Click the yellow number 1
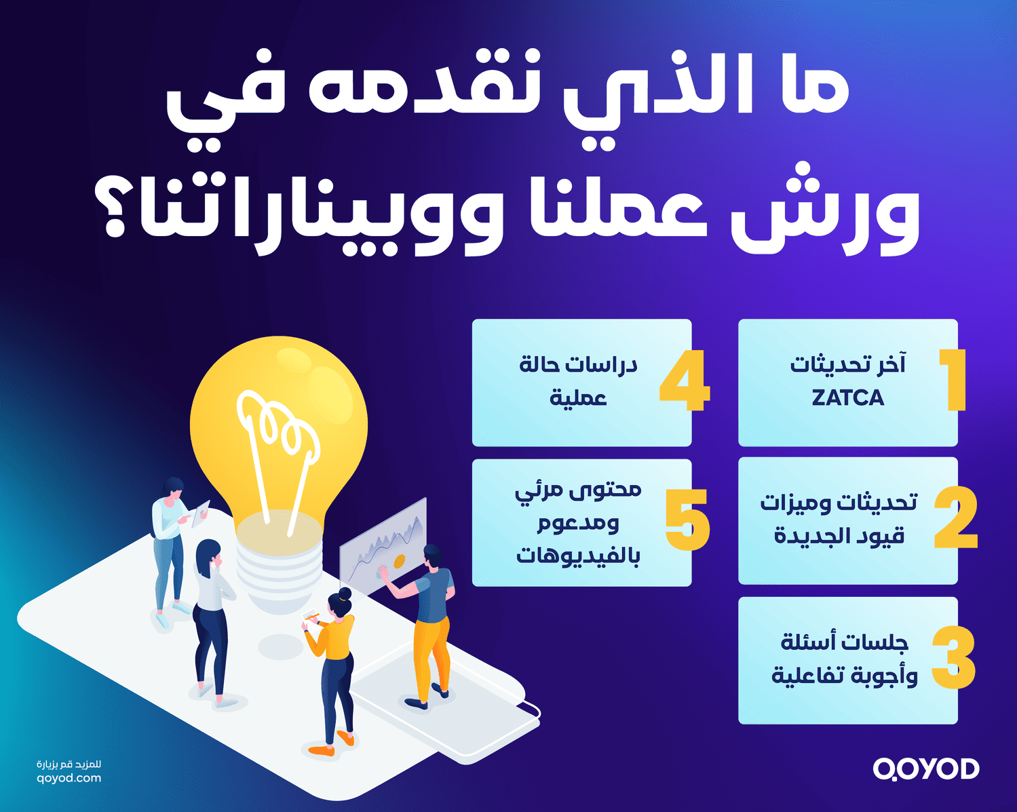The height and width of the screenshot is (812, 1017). [x=955, y=380]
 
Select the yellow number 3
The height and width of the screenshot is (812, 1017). [x=953, y=658]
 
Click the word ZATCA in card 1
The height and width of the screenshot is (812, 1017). [x=847, y=398]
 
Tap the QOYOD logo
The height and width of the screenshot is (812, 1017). [x=926, y=769]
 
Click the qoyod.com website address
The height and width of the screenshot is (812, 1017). [x=69, y=778]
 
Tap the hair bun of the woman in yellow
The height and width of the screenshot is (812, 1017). [x=345, y=594]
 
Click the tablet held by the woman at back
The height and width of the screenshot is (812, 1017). [x=201, y=514]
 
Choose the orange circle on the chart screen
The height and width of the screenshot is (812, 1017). [x=399, y=561]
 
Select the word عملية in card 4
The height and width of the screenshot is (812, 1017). [x=578, y=398]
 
